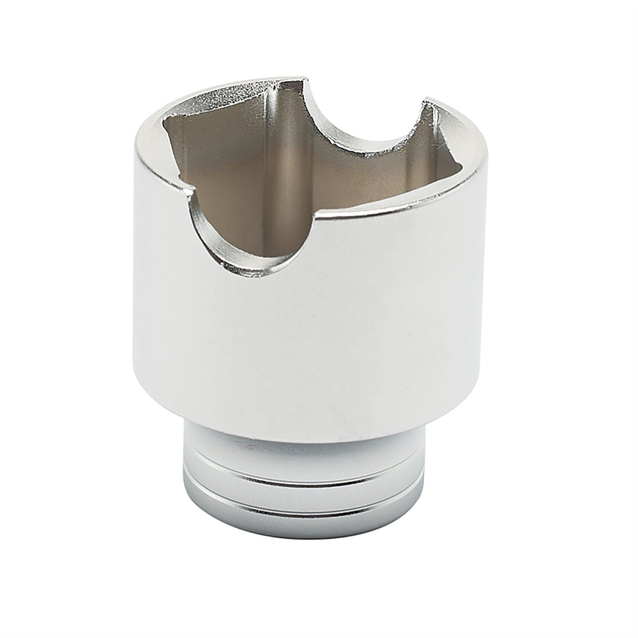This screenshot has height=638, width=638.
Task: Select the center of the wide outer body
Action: click(318, 331)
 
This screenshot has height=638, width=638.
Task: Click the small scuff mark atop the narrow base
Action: click(247, 447)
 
